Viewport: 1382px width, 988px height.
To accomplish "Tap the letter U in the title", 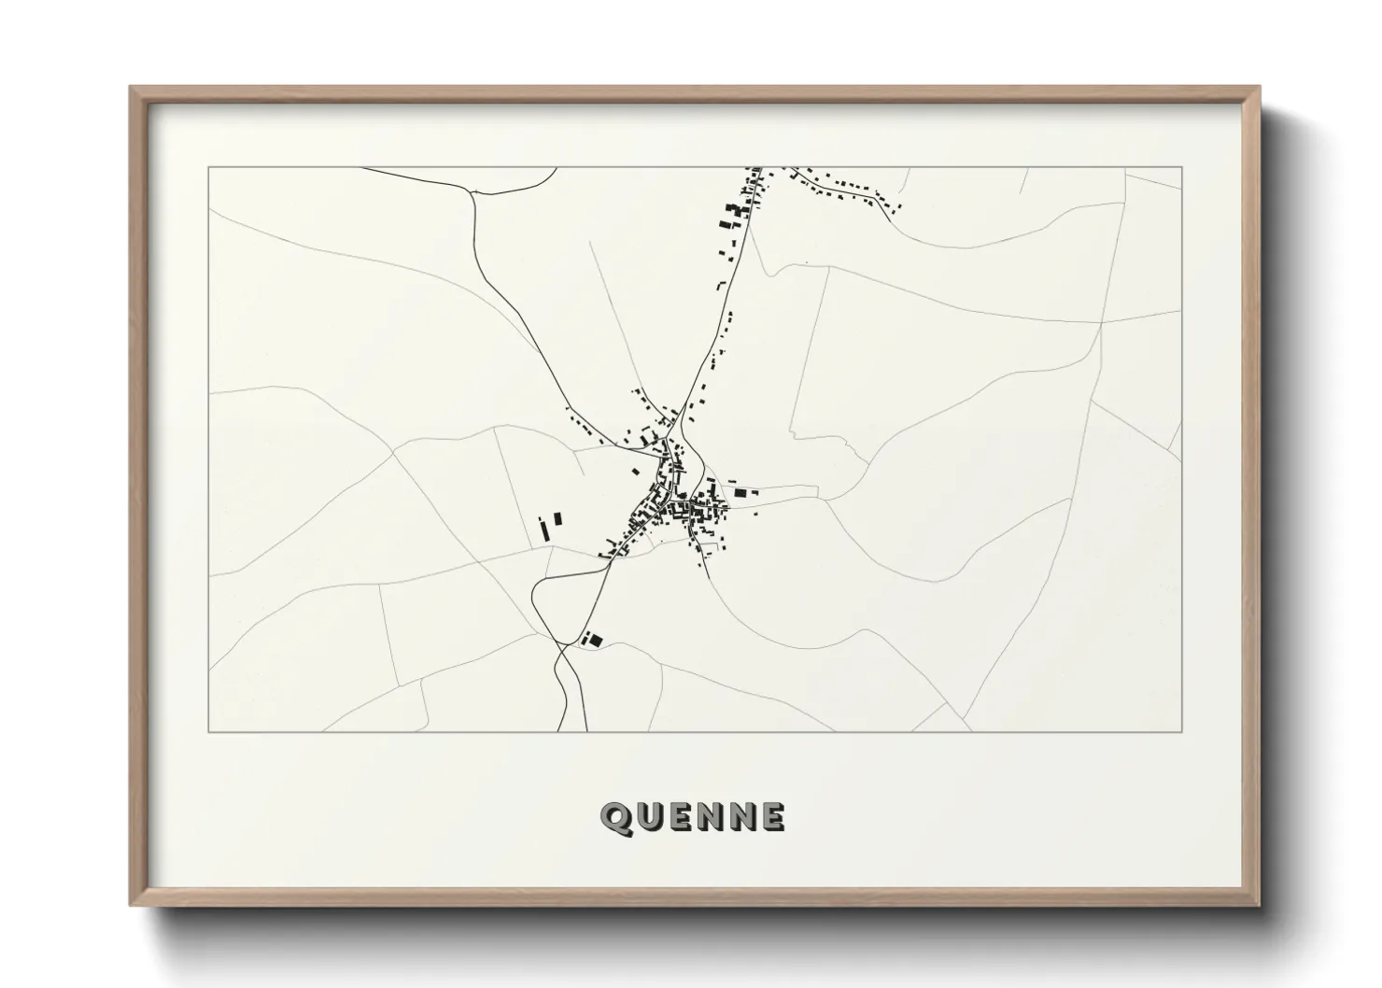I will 649,817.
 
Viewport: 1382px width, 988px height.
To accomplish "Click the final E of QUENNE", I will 772,817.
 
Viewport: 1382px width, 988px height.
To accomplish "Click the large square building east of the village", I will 742,491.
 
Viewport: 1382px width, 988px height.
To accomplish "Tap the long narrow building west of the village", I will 543,530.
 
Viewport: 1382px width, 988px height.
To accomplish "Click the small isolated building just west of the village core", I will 636,473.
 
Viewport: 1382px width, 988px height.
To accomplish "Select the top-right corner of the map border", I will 1182,167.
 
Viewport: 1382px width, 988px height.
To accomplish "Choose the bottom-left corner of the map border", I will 208,731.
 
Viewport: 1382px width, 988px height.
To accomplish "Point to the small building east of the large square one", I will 755,493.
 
